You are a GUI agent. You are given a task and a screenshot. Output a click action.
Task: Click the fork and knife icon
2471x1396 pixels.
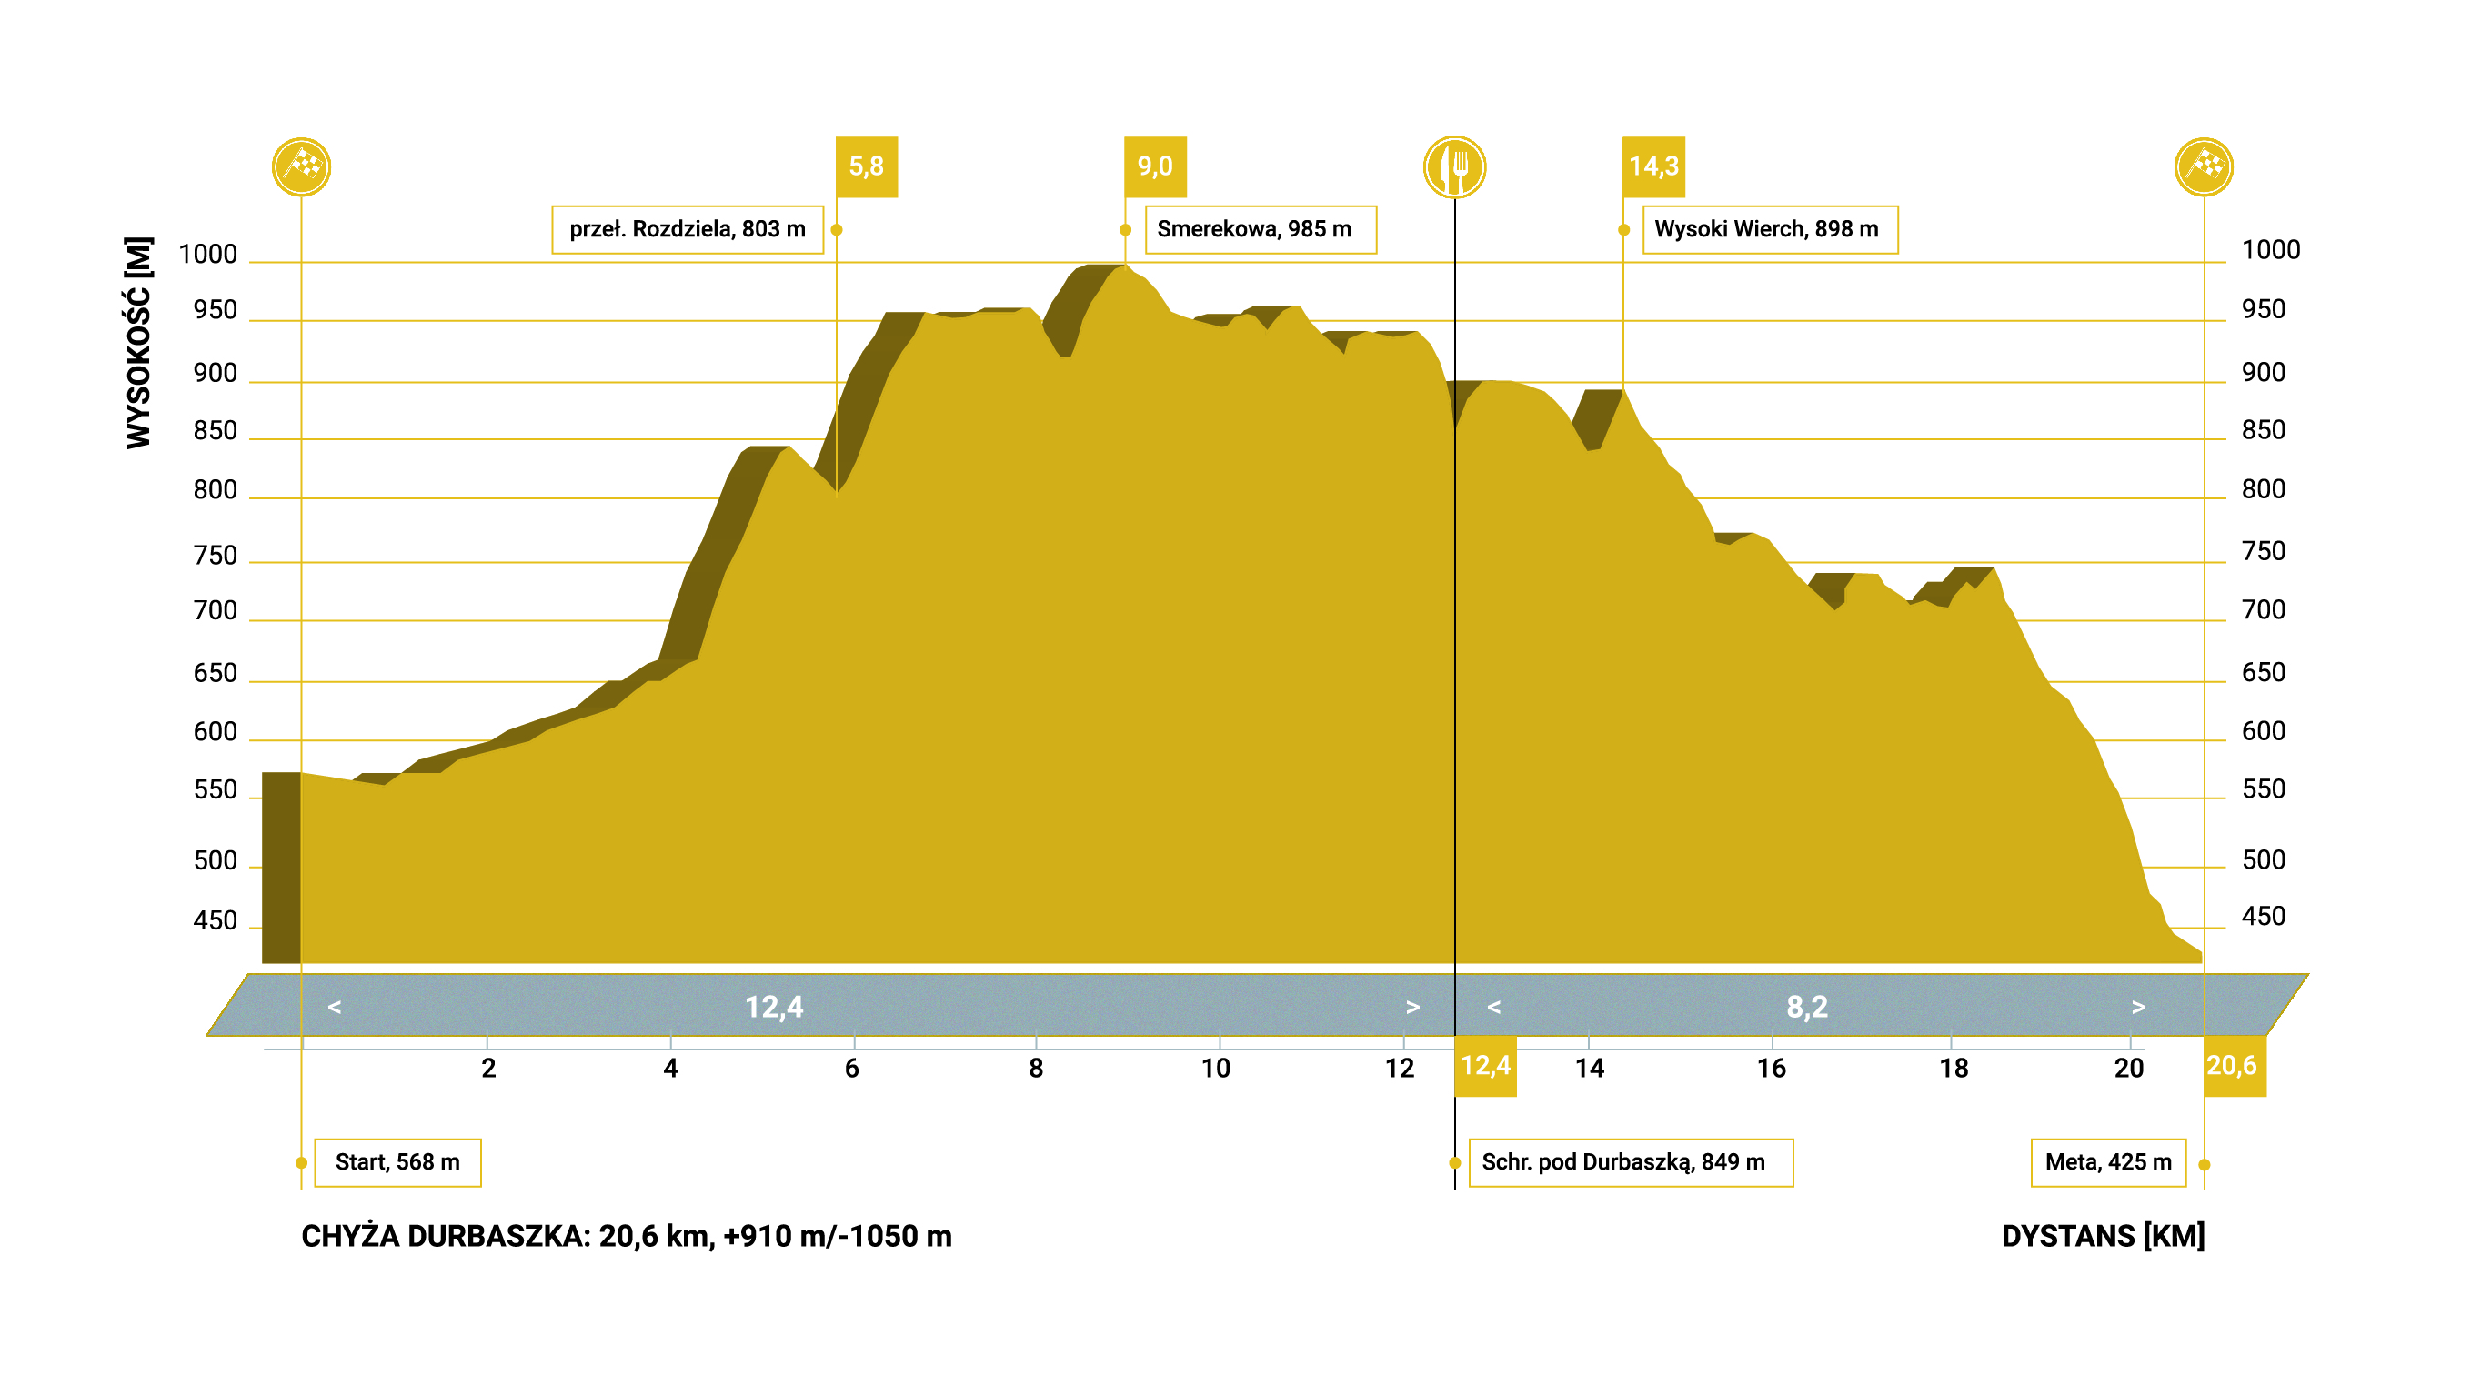click(x=1454, y=167)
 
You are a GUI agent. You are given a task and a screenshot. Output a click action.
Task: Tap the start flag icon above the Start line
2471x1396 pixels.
click(x=301, y=167)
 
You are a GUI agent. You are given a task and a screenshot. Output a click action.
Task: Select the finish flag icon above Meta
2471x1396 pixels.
click(x=2204, y=167)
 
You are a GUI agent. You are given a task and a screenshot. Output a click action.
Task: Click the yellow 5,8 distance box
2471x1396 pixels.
click(x=866, y=167)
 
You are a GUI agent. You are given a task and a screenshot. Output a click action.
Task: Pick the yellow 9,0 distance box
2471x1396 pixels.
click(x=1155, y=167)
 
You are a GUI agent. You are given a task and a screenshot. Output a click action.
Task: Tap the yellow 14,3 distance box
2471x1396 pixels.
click(x=1652, y=167)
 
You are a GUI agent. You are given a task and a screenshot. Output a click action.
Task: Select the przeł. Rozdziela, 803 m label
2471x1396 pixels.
click(x=687, y=229)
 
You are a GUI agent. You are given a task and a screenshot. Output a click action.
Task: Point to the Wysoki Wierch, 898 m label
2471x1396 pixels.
click(x=1770, y=229)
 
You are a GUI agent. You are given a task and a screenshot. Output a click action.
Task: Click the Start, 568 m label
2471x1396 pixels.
click(x=397, y=1162)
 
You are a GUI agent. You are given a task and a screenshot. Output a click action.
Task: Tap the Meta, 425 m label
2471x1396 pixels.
click(x=2107, y=1162)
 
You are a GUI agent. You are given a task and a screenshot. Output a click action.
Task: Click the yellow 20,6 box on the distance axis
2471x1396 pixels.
click(x=2233, y=1065)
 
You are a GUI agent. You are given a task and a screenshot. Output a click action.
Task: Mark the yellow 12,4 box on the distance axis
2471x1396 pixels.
click(x=1485, y=1065)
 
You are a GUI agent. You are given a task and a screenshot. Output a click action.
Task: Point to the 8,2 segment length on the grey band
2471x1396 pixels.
click(x=1806, y=1007)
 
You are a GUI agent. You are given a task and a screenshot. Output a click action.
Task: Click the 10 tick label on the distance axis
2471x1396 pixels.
click(x=1215, y=1068)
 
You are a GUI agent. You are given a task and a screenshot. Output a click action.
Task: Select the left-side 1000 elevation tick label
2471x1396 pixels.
click(x=207, y=255)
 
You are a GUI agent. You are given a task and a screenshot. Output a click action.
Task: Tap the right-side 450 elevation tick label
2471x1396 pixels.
click(x=2263, y=917)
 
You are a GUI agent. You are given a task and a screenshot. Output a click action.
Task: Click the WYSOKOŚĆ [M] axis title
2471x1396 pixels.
click(x=139, y=342)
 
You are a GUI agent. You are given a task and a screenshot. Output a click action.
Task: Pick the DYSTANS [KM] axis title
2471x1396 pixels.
click(x=2103, y=1236)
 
